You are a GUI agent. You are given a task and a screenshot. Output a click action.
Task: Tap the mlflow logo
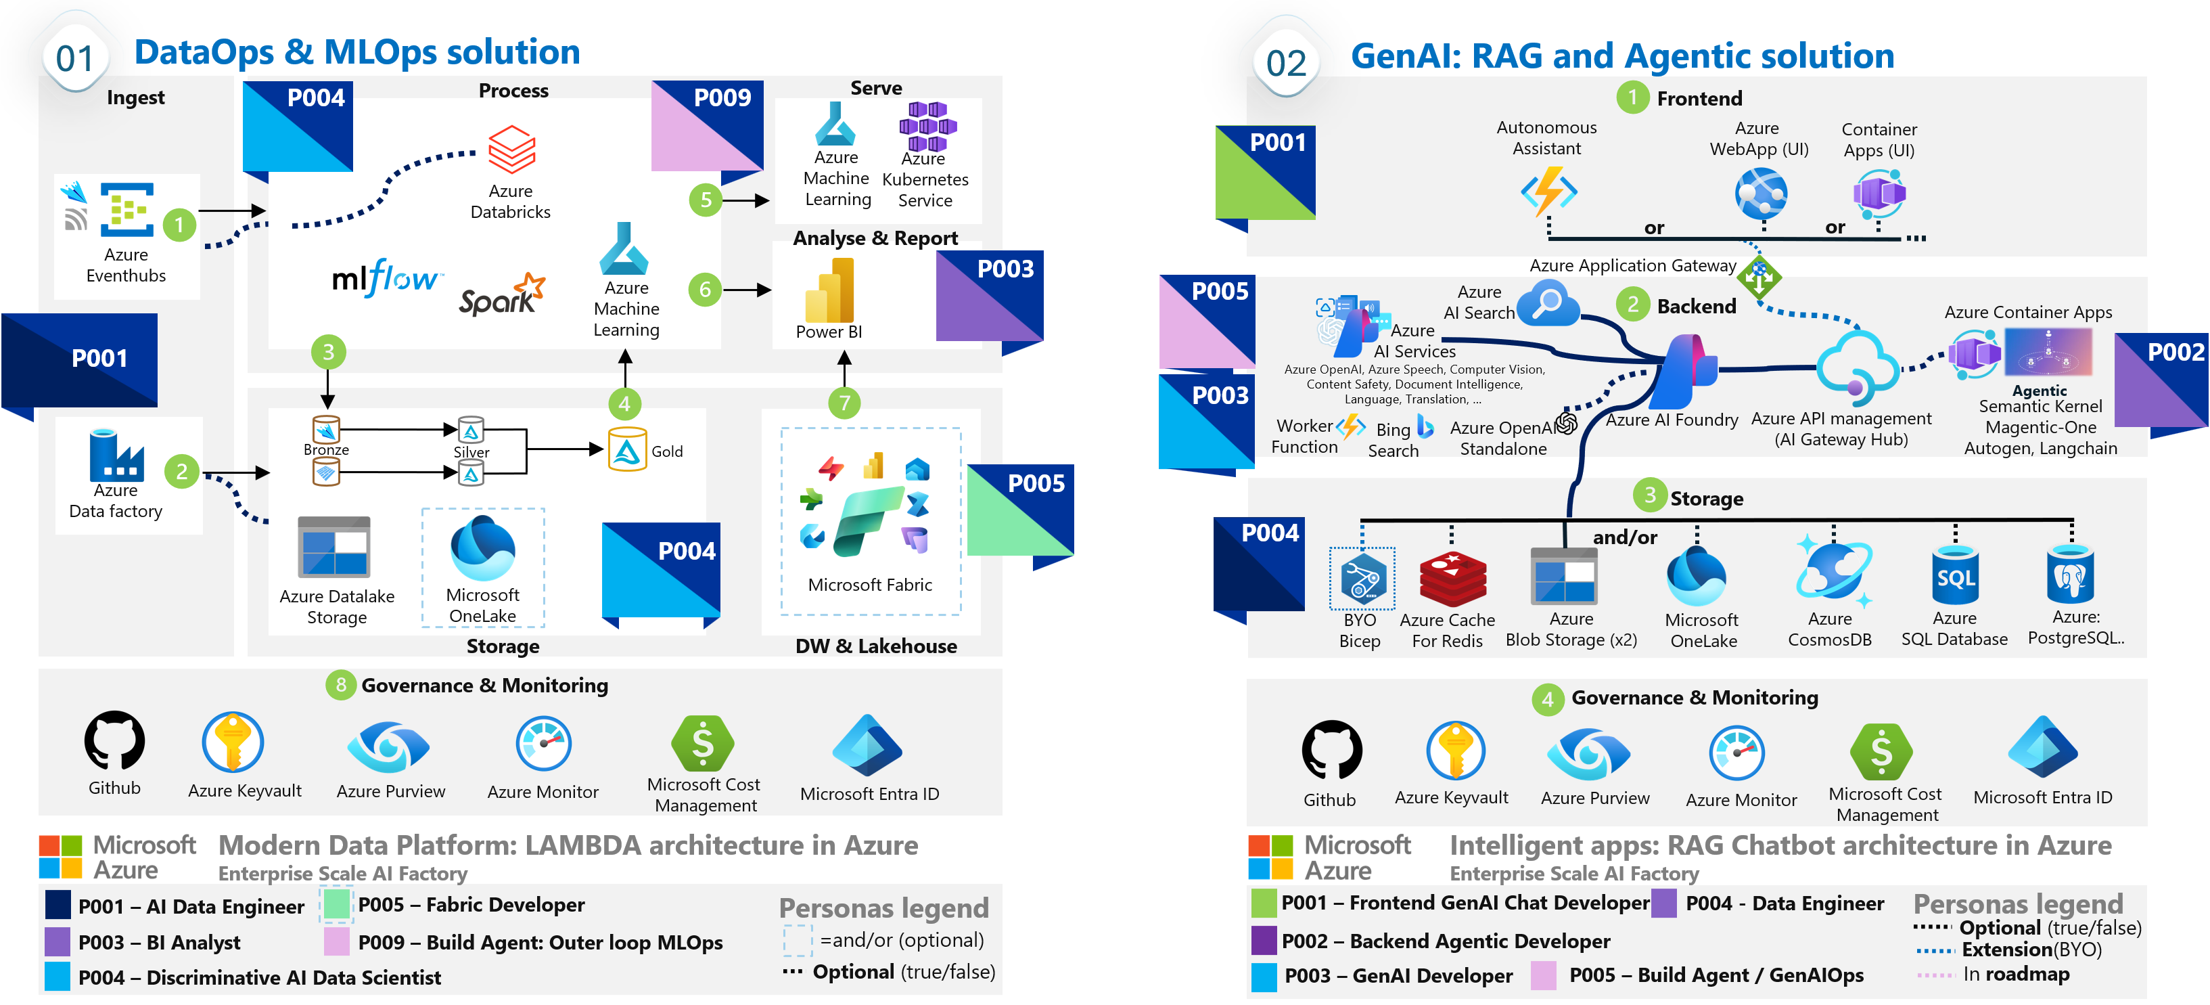tap(386, 278)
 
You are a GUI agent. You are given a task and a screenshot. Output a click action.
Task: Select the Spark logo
tap(502, 294)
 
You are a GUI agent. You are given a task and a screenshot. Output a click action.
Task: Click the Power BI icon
tap(829, 291)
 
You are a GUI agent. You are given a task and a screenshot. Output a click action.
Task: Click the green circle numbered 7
tap(844, 403)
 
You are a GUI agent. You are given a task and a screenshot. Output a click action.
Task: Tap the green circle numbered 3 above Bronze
tap(327, 352)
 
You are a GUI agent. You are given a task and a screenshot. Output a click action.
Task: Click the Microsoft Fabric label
tap(869, 585)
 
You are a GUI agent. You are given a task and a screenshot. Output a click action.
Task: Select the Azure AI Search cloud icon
tap(1548, 305)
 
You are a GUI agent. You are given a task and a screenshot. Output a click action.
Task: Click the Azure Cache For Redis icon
tap(1452, 579)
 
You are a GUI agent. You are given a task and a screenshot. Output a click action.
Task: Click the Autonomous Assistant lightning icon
tap(1548, 191)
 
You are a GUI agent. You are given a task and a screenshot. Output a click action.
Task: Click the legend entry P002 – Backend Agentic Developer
tap(1445, 941)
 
